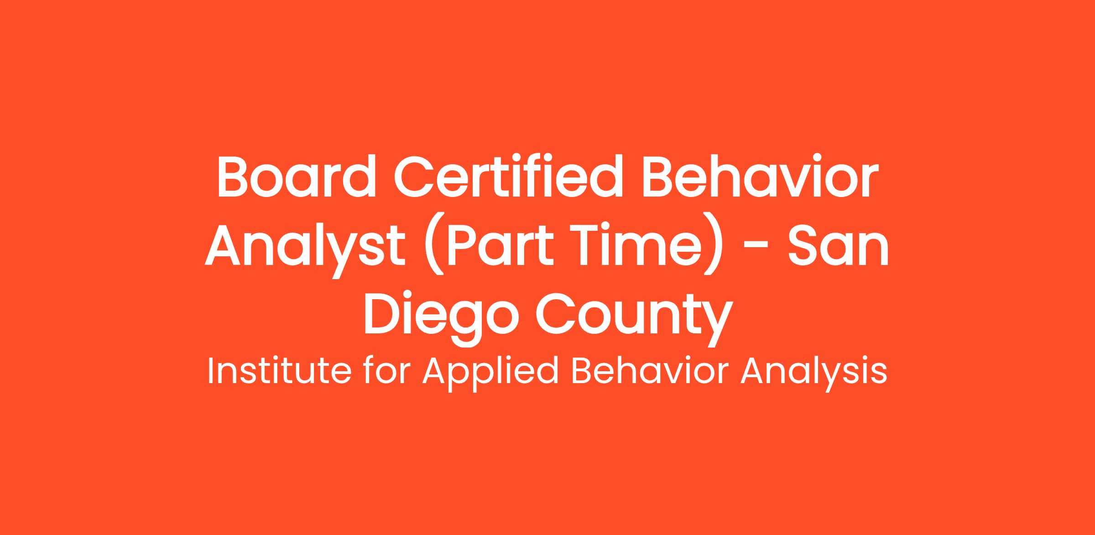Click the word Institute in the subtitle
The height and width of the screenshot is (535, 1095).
click(279, 371)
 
